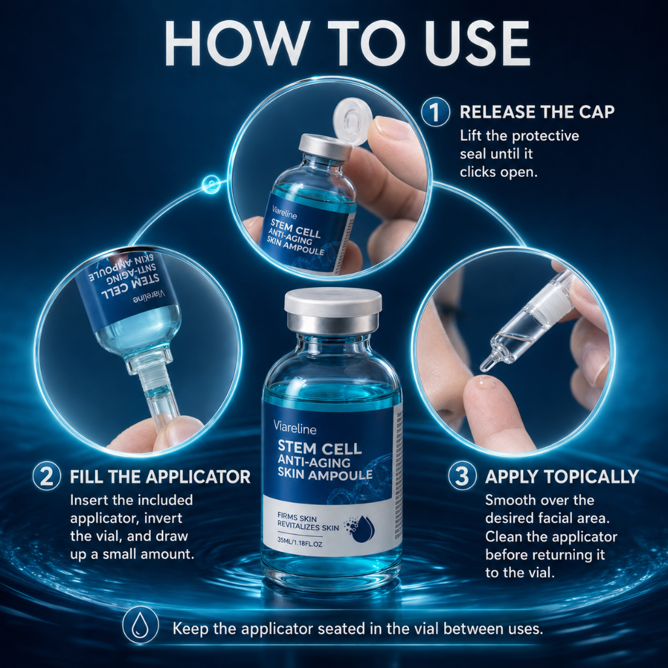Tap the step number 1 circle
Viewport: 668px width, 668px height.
point(435,112)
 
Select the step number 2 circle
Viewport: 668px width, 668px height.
point(46,476)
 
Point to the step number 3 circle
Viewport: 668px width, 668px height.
point(463,476)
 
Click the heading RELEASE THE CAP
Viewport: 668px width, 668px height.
point(538,112)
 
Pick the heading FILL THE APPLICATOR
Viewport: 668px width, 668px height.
point(160,477)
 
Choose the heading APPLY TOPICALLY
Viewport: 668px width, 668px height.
point(562,477)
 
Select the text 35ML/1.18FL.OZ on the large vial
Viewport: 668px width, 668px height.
point(299,544)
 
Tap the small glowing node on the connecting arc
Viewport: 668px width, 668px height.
point(211,185)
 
